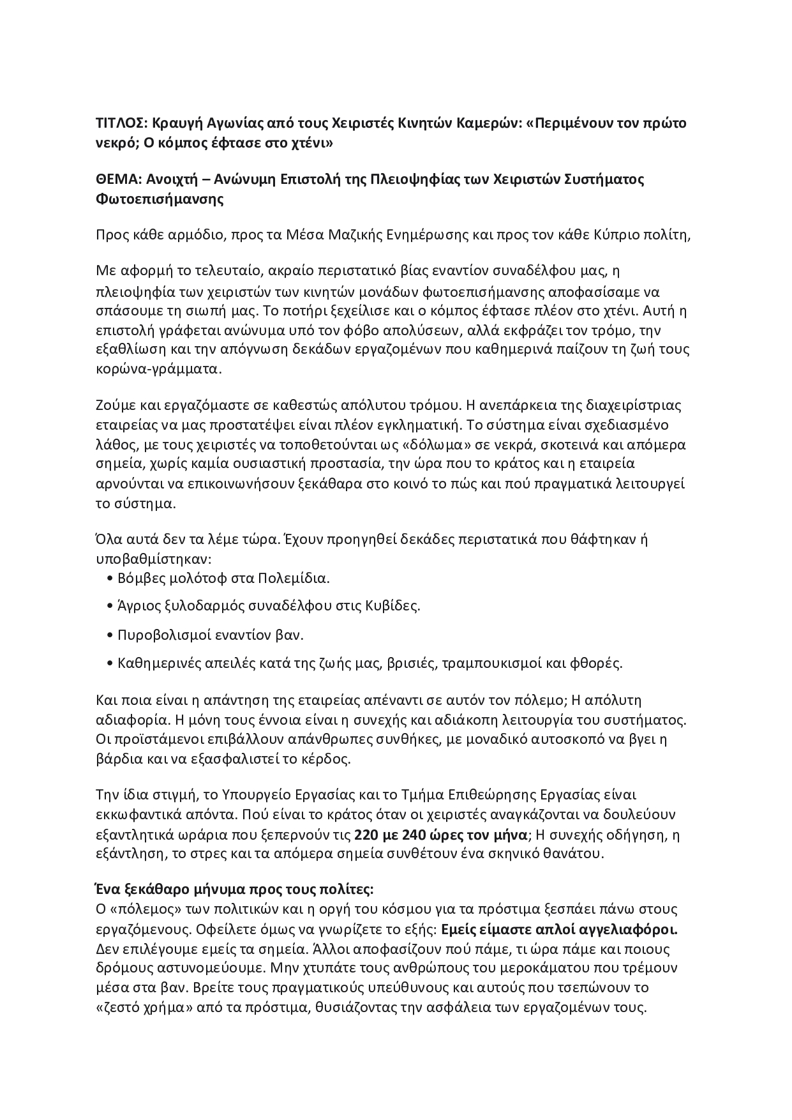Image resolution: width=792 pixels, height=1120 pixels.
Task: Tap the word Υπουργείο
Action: click(x=255, y=795)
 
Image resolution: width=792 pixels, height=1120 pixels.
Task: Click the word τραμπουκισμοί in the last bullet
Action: click(x=485, y=663)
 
